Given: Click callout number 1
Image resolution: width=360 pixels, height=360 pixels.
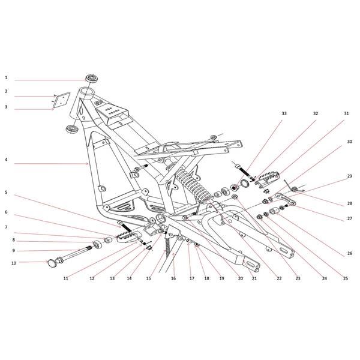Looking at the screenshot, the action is coord(6,78).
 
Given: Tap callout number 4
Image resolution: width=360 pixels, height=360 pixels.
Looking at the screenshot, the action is coord(6,160).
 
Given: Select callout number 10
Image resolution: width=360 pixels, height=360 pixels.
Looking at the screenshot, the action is coord(14,263).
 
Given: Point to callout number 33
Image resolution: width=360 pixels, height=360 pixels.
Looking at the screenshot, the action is coord(284,113).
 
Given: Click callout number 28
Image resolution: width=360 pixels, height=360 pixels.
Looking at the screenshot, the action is coord(349,203).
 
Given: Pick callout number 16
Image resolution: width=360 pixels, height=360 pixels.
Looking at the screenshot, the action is coord(173,278).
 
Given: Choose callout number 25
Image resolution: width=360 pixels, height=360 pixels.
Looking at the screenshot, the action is coord(346,278).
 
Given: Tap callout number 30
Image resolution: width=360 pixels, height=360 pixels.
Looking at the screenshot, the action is coord(349,142).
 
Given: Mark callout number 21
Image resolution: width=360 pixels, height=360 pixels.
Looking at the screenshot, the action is coord(254,278).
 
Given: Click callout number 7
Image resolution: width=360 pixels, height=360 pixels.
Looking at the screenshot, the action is coord(6,227).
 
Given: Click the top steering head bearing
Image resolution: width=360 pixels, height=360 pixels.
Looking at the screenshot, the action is coord(92,78).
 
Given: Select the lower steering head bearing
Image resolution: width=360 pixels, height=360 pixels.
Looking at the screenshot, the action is coord(72,129).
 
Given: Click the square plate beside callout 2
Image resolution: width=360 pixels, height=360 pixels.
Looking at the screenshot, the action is coord(61,100).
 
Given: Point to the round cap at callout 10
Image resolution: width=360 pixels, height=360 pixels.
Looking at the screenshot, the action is coord(52,263).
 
